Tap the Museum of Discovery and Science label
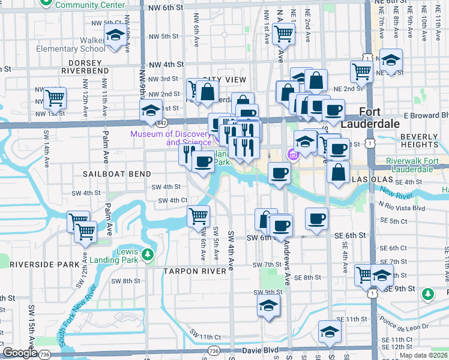pyautogui.click(x=172, y=138)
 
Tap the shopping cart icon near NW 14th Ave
pyautogui.click(x=55, y=98)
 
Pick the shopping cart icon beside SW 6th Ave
pyautogui.click(x=198, y=216)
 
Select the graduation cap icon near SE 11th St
pyautogui.click(x=330, y=331)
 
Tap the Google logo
pyautogui.click(x=19, y=353)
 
